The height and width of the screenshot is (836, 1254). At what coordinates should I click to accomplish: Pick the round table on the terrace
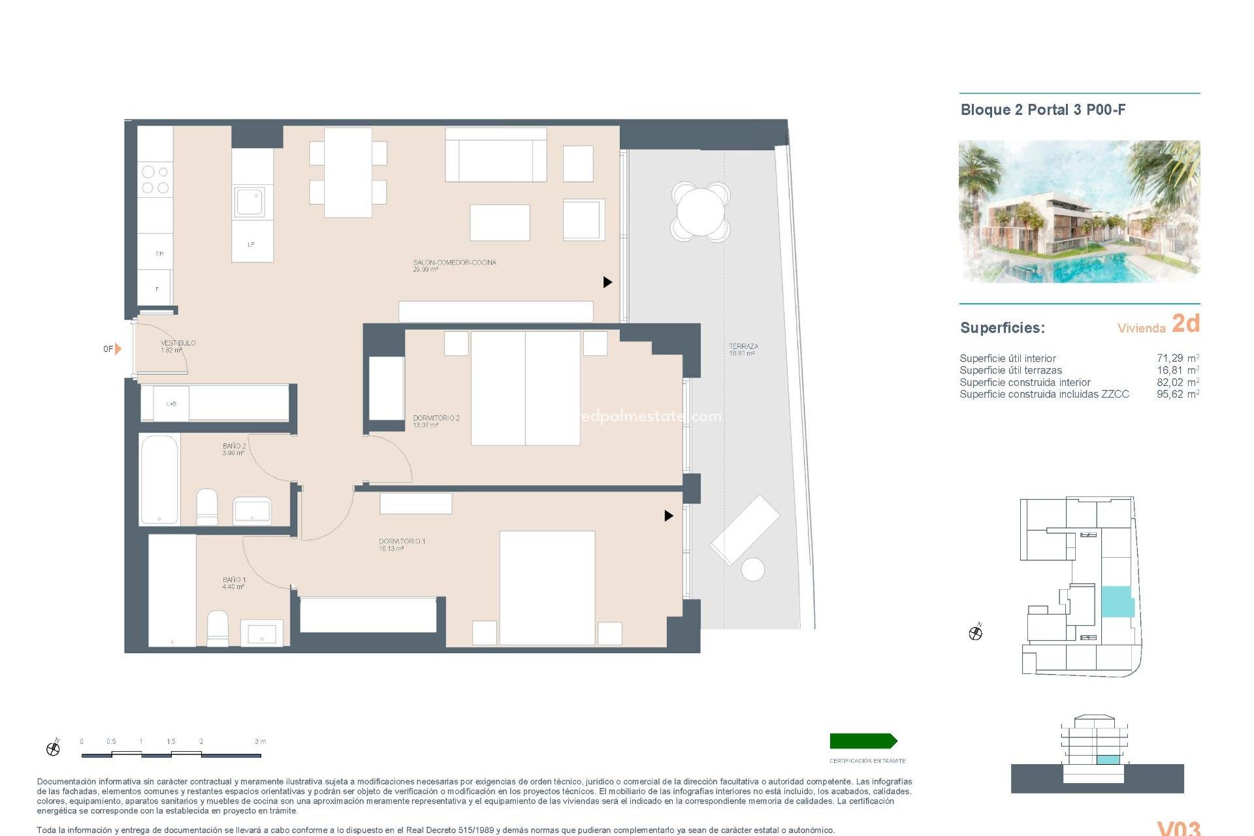point(700,212)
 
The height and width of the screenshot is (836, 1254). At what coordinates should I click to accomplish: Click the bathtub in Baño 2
point(159,479)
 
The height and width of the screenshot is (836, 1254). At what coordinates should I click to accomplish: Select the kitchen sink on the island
point(250,202)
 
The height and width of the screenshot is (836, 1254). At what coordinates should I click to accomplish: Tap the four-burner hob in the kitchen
point(155,180)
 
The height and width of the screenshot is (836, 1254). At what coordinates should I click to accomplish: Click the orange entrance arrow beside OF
point(118,349)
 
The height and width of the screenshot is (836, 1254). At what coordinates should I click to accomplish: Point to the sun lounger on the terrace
point(745,529)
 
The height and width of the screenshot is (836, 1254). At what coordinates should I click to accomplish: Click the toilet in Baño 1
point(217,628)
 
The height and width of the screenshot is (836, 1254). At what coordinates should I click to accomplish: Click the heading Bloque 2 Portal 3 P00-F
point(1042,110)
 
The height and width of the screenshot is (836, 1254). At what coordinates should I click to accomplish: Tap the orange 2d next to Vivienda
point(1185,323)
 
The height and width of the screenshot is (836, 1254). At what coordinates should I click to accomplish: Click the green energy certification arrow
point(863,741)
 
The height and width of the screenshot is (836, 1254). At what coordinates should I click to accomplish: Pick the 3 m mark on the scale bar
point(260,742)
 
